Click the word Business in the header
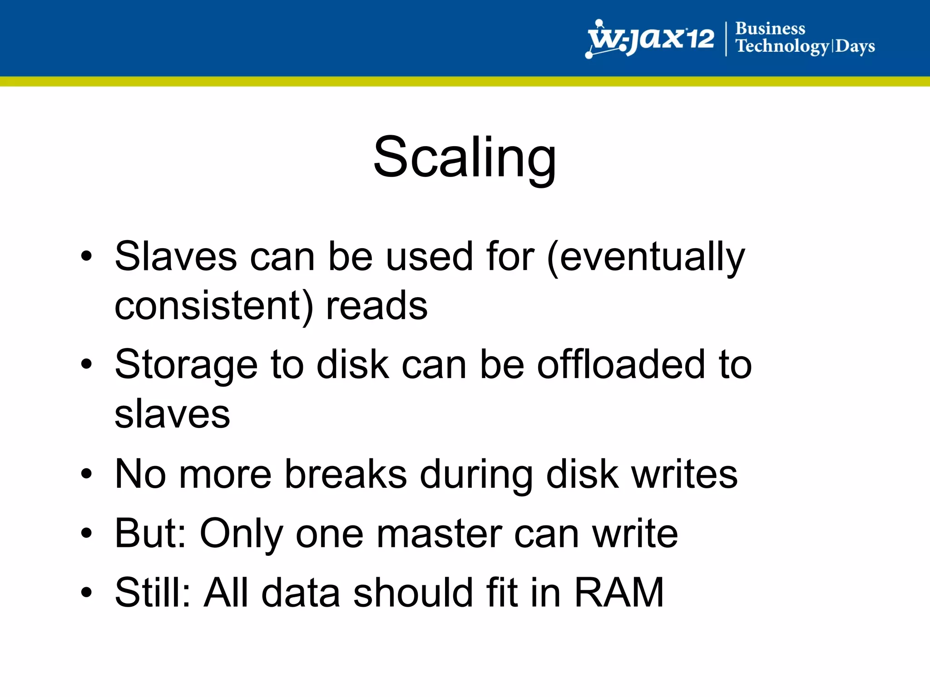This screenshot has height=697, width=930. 770,29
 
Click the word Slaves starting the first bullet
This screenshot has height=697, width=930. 176,257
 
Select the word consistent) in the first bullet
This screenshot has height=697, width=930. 214,306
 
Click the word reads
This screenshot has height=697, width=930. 377,306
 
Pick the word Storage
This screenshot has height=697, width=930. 186,366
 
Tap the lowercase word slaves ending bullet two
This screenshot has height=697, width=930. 173,414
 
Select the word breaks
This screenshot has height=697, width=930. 346,475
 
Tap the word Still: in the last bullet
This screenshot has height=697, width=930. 153,593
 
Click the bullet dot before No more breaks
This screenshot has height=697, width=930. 86,474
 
